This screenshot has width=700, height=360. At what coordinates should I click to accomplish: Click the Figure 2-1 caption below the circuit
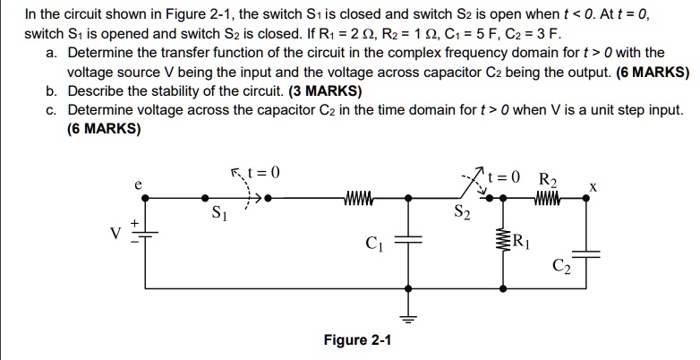click(356, 340)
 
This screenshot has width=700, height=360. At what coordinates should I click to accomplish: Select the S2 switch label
click(461, 213)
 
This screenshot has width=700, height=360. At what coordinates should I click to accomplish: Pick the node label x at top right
click(592, 188)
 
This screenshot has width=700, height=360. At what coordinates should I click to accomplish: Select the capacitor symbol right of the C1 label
click(409, 240)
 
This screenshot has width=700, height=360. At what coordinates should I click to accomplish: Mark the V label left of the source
click(115, 233)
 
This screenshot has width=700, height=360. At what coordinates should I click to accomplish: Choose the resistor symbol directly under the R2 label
click(547, 196)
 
